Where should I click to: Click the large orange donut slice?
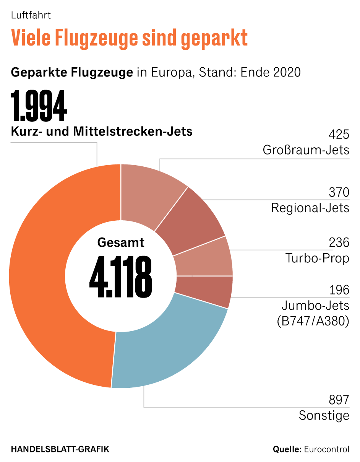[42, 275]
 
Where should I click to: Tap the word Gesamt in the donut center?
[121, 242]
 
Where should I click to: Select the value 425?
[339, 135]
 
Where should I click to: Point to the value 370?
[339, 192]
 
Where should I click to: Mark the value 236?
[339, 242]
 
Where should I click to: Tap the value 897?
[339, 400]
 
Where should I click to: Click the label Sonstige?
[324, 415]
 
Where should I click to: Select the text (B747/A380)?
[313, 321]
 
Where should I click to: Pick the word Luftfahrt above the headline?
[31, 16]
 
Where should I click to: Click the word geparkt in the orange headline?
[214, 38]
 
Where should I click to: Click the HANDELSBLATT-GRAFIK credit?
[60, 449]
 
